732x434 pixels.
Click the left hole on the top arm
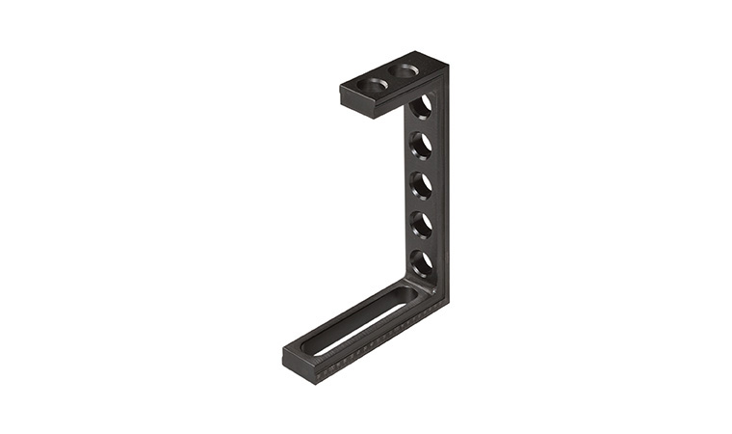click(373, 85)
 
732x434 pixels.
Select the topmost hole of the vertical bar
click(421, 106)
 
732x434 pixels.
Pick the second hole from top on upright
click(421, 145)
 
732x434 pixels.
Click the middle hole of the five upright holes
click(421, 184)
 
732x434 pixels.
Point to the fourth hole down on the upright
click(421, 224)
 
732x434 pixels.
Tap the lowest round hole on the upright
click(421, 262)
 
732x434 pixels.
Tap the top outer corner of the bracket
click(446, 67)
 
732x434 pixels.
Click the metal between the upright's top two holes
click(422, 125)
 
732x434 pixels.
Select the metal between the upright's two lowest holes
click(422, 243)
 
